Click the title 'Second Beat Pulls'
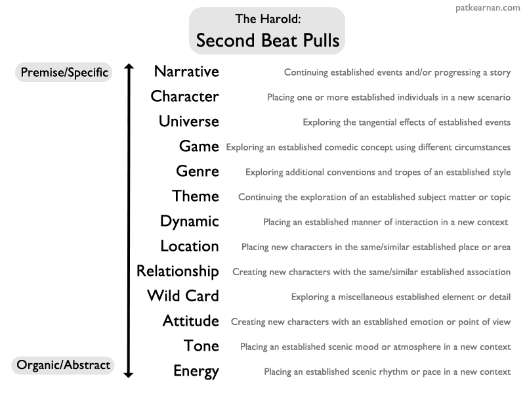(x=267, y=41)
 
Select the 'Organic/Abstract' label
(x=64, y=365)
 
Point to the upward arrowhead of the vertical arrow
(x=129, y=67)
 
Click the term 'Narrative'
(x=186, y=72)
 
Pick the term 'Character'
(x=184, y=97)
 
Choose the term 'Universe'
(x=188, y=121)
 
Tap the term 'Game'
(x=198, y=146)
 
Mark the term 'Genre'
(x=197, y=171)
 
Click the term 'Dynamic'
(x=189, y=221)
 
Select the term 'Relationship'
(x=177, y=271)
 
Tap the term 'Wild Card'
(x=182, y=296)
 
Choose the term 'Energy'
(x=196, y=371)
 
